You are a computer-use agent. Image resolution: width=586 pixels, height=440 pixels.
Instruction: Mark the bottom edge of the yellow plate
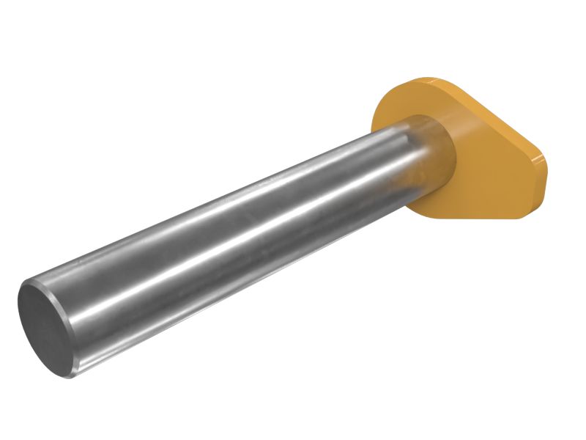click(476, 217)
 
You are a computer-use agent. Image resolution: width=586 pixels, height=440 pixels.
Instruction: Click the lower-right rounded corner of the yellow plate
click(524, 209)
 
